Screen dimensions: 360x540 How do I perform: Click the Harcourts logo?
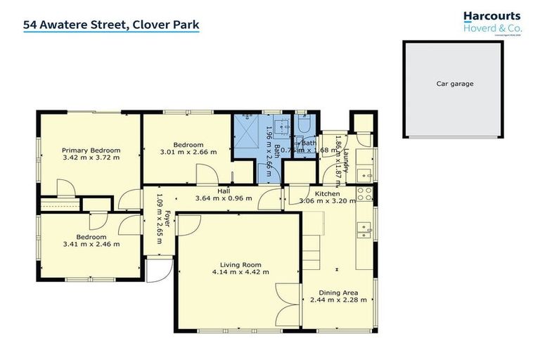[492, 20]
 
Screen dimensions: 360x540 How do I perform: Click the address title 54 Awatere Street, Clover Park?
[111, 25]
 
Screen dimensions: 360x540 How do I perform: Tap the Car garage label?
[455, 84]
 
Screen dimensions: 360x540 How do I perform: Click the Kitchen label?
[327, 193]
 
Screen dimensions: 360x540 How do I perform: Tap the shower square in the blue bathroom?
[248, 131]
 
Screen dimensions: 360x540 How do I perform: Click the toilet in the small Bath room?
[302, 123]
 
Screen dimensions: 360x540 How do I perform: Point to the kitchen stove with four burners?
[364, 193]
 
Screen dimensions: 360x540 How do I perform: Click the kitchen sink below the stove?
[364, 227]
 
